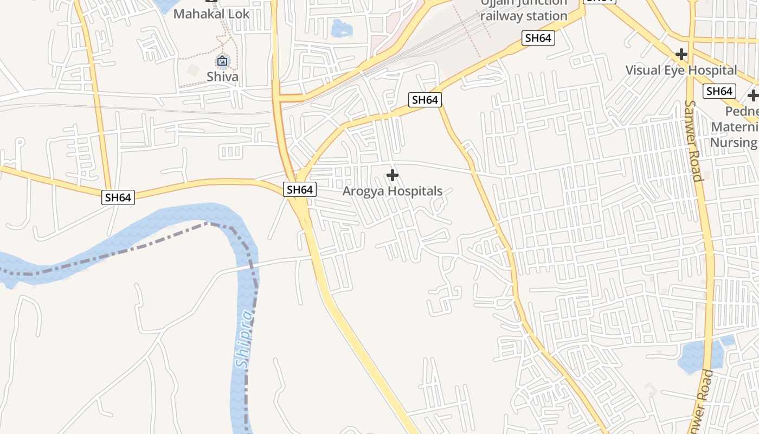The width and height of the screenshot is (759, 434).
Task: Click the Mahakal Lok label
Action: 211,14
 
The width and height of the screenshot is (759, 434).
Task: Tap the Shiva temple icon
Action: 222,61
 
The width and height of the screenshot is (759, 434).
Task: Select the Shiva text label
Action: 222,76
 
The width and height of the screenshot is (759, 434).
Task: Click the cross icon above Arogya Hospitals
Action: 393,175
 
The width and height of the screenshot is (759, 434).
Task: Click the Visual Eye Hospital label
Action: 681,70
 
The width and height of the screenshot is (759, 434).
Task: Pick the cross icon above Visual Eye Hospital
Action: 681,54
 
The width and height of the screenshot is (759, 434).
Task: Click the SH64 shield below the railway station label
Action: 538,38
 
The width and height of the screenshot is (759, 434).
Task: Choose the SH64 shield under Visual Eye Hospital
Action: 719,91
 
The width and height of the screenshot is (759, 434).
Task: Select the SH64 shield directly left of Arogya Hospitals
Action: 300,189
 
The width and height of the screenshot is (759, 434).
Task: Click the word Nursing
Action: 734,143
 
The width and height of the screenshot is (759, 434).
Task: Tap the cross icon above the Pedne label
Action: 752,96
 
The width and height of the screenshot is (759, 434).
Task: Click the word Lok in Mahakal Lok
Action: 239,14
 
